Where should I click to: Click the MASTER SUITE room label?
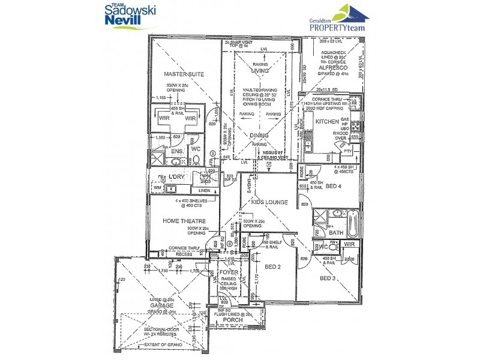pos(184,74)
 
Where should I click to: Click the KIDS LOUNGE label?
pos(269,203)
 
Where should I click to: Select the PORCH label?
pos(233,320)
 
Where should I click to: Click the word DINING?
pos(259,136)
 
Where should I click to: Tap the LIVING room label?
pos(260,71)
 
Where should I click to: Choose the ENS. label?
pos(178,152)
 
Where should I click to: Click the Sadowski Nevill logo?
pos(130,15)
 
